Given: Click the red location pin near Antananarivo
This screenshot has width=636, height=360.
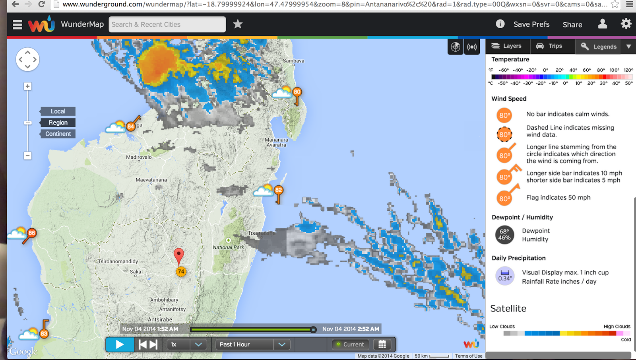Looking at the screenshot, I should click(179, 255).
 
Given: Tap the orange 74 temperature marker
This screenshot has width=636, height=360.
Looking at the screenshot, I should click(181, 272).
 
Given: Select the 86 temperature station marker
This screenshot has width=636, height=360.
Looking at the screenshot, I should click(32, 233).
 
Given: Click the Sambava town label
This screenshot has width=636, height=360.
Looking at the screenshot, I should click(293, 61).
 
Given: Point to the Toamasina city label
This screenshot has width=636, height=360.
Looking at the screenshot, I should click(262, 233).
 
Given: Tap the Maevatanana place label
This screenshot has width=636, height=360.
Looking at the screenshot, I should click(151, 180).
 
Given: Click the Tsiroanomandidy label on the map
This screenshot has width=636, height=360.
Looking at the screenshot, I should click(118, 261).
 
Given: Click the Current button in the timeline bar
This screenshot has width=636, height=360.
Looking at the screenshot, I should click(350, 344).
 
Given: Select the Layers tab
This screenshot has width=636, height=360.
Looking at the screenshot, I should click(507, 46).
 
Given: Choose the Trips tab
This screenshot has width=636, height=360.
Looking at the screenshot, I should click(550, 46).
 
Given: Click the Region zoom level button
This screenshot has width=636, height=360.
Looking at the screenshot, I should click(58, 123).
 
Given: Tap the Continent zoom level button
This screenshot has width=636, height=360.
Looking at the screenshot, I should click(58, 134).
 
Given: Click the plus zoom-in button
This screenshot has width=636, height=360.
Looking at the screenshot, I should click(27, 86).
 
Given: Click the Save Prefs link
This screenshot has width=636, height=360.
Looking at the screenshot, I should click(531, 24).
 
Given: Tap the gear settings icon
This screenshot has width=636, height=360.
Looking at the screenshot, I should click(626, 24).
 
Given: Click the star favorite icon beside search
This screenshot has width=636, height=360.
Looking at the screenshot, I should click(238, 24).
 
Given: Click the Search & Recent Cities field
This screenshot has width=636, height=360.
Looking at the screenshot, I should click(167, 24).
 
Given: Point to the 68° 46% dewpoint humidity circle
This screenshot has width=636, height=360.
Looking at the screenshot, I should click(504, 235).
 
